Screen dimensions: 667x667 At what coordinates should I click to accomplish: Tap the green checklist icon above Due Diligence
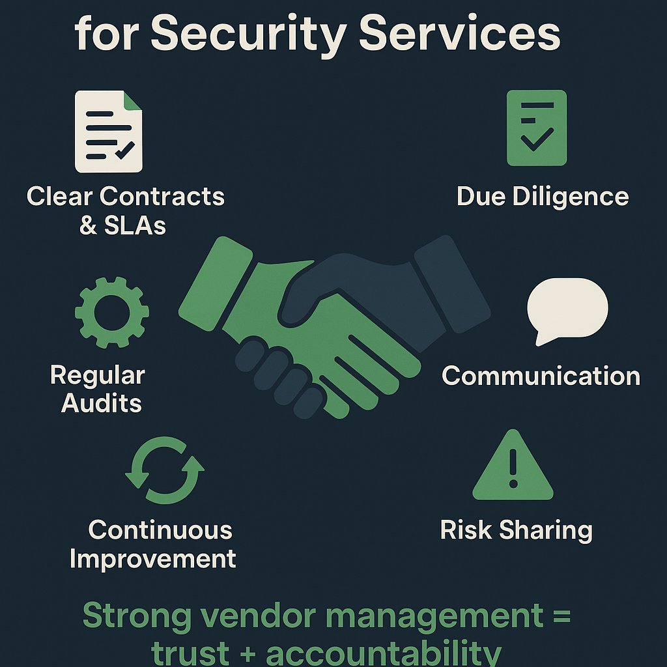click(537, 128)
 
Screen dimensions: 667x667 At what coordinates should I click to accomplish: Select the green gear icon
click(112, 312)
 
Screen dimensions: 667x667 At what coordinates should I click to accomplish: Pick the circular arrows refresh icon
click(164, 471)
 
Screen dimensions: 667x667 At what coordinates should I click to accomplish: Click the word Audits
click(102, 403)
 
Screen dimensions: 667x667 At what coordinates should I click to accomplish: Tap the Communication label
click(541, 376)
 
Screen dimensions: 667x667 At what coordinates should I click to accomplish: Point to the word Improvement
click(152, 558)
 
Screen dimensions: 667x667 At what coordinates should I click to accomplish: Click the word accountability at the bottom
click(384, 653)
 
